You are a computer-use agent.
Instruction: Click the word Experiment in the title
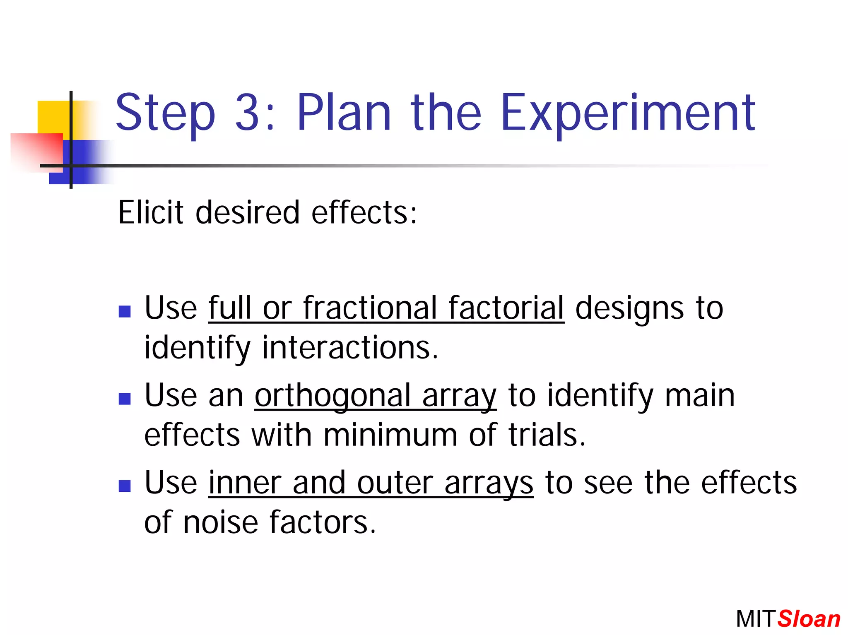(628, 114)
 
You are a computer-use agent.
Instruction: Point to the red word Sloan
(809, 619)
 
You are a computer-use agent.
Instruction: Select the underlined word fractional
(370, 308)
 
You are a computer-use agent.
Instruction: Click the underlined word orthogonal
(332, 395)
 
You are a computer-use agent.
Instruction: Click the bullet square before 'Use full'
(125, 311)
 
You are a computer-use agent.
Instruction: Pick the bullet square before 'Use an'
(125, 399)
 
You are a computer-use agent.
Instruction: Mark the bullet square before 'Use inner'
(125, 486)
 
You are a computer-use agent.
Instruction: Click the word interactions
(350, 347)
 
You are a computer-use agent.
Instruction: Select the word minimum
(390, 435)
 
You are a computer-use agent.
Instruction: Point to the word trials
(547, 435)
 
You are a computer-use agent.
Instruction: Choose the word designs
(629, 308)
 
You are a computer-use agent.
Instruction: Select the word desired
(247, 212)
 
